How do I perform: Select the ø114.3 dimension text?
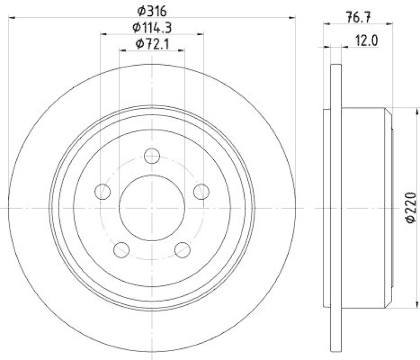(x=152, y=27)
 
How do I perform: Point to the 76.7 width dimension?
(x=359, y=16)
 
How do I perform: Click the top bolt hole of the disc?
(x=152, y=156)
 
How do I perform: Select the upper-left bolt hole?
(x=103, y=191)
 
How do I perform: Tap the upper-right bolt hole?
(x=201, y=191)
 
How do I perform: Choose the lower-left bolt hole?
(x=122, y=249)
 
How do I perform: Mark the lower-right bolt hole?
(x=182, y=249)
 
